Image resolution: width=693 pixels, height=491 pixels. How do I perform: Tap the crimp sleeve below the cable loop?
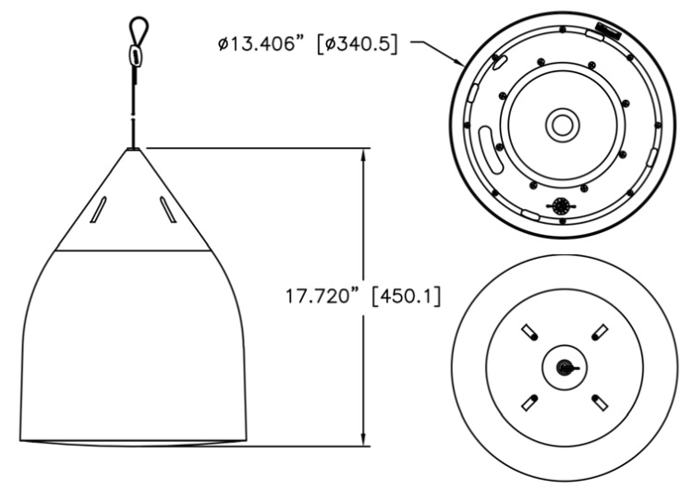pos(136,55)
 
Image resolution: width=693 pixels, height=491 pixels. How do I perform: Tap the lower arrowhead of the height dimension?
pos(365,438)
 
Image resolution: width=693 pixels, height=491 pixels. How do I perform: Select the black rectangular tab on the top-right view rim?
pos(609,31)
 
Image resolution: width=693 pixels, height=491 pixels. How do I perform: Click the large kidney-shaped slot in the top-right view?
pos(492,149)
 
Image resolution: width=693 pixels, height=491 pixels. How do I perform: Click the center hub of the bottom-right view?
pos(561,366)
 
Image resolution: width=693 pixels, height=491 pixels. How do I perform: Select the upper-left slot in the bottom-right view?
pos(529,331)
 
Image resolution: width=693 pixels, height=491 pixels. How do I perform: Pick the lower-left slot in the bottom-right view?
pos(529,400)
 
